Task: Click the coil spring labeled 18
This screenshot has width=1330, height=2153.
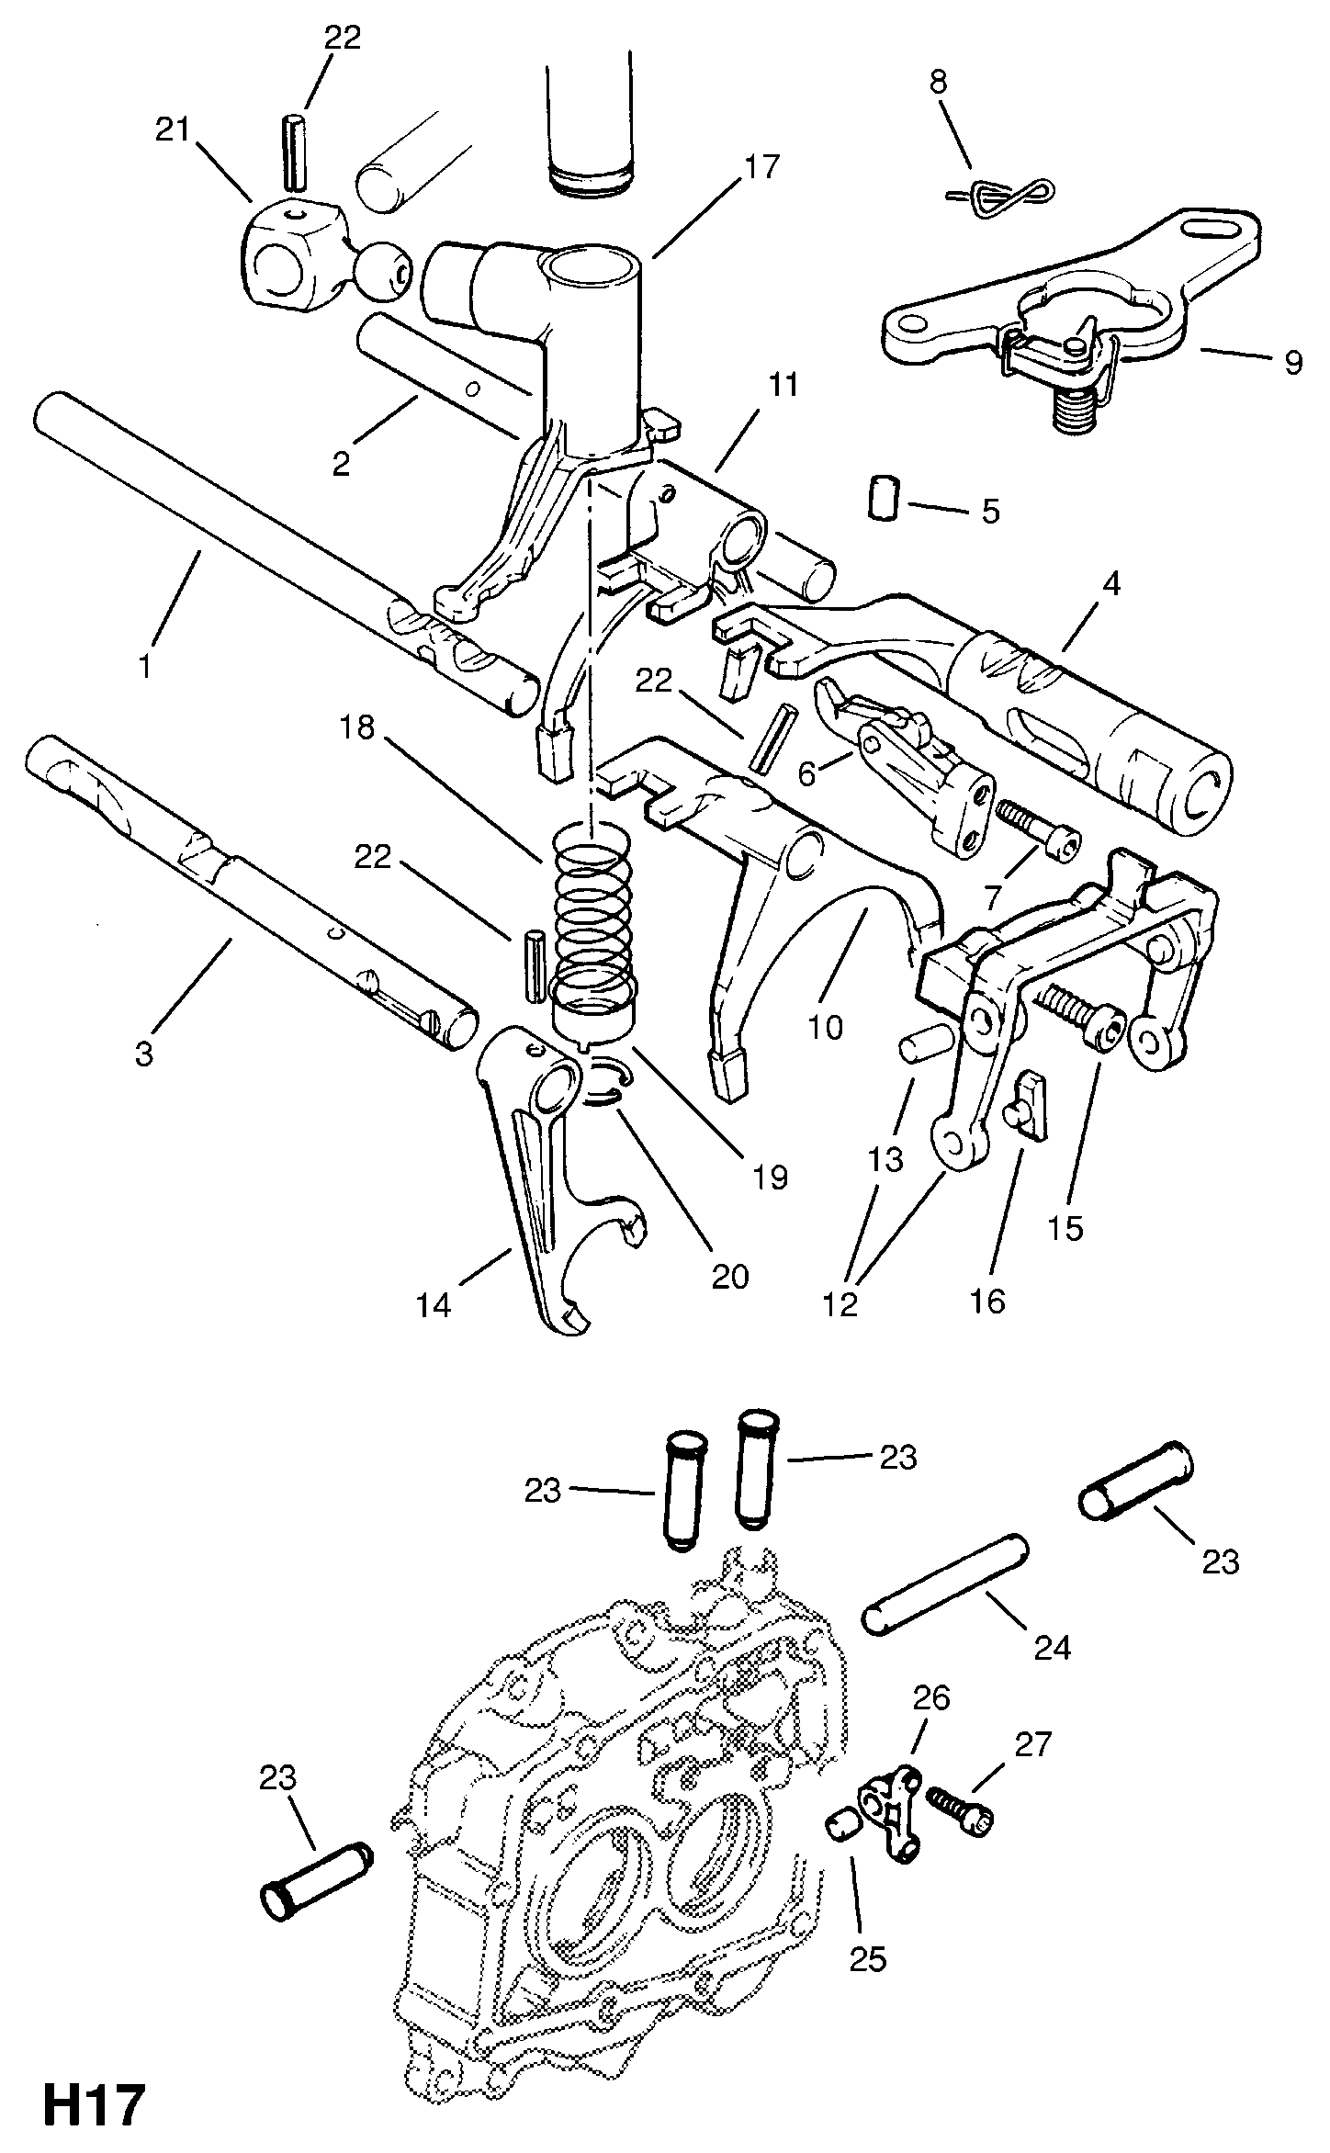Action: (x=595, y=909)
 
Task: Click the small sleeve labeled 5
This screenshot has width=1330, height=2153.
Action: (x=883, y=497)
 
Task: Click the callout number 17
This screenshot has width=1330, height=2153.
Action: (x=761, y=166)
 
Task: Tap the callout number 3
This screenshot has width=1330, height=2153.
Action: (x=143, y=1054)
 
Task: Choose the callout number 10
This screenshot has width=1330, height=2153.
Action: (x=825, y=1026)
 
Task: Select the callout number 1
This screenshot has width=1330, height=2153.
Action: (x=144, y=665)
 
